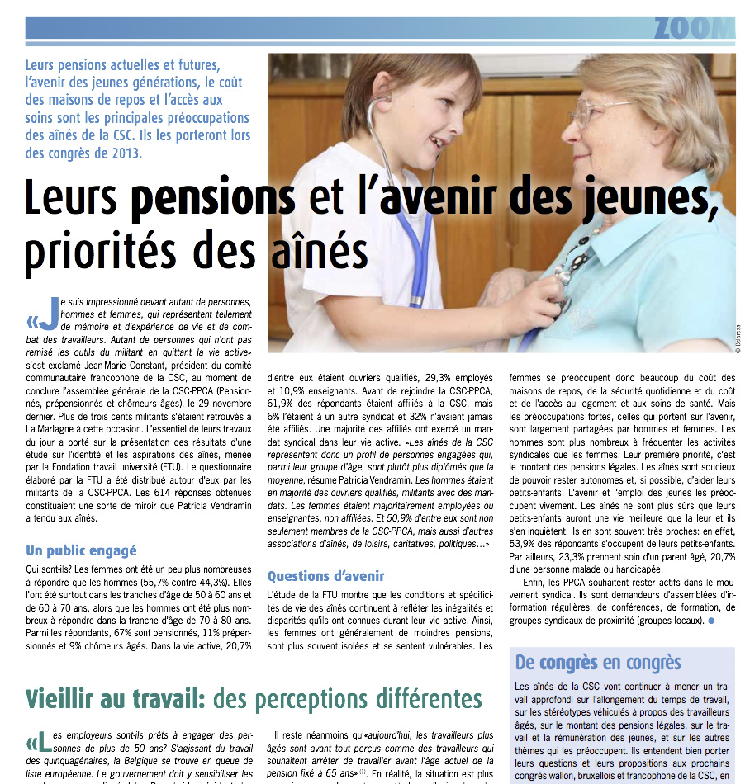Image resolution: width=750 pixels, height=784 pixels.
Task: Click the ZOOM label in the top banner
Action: [692, 28]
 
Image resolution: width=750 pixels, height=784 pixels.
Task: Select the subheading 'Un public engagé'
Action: [81, 550]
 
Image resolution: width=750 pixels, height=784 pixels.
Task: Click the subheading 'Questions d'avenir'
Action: [325, 575]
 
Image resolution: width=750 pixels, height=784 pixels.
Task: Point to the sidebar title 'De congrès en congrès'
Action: [598, 662]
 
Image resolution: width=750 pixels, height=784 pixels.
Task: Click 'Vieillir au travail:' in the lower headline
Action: [115, 698]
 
